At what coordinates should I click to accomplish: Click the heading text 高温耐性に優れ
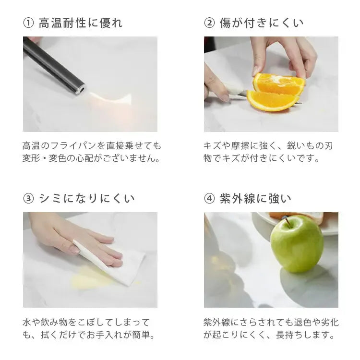click(x=80, y=23)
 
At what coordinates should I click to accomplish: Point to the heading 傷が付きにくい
click(x=262, y=23)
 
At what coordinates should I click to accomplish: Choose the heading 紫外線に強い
click(x=255, y=198)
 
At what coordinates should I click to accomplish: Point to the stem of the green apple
click(x=288, y=221)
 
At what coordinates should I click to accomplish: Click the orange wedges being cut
click(x=276, y=91)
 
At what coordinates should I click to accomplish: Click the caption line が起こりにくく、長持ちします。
click(x=268, y=334)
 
